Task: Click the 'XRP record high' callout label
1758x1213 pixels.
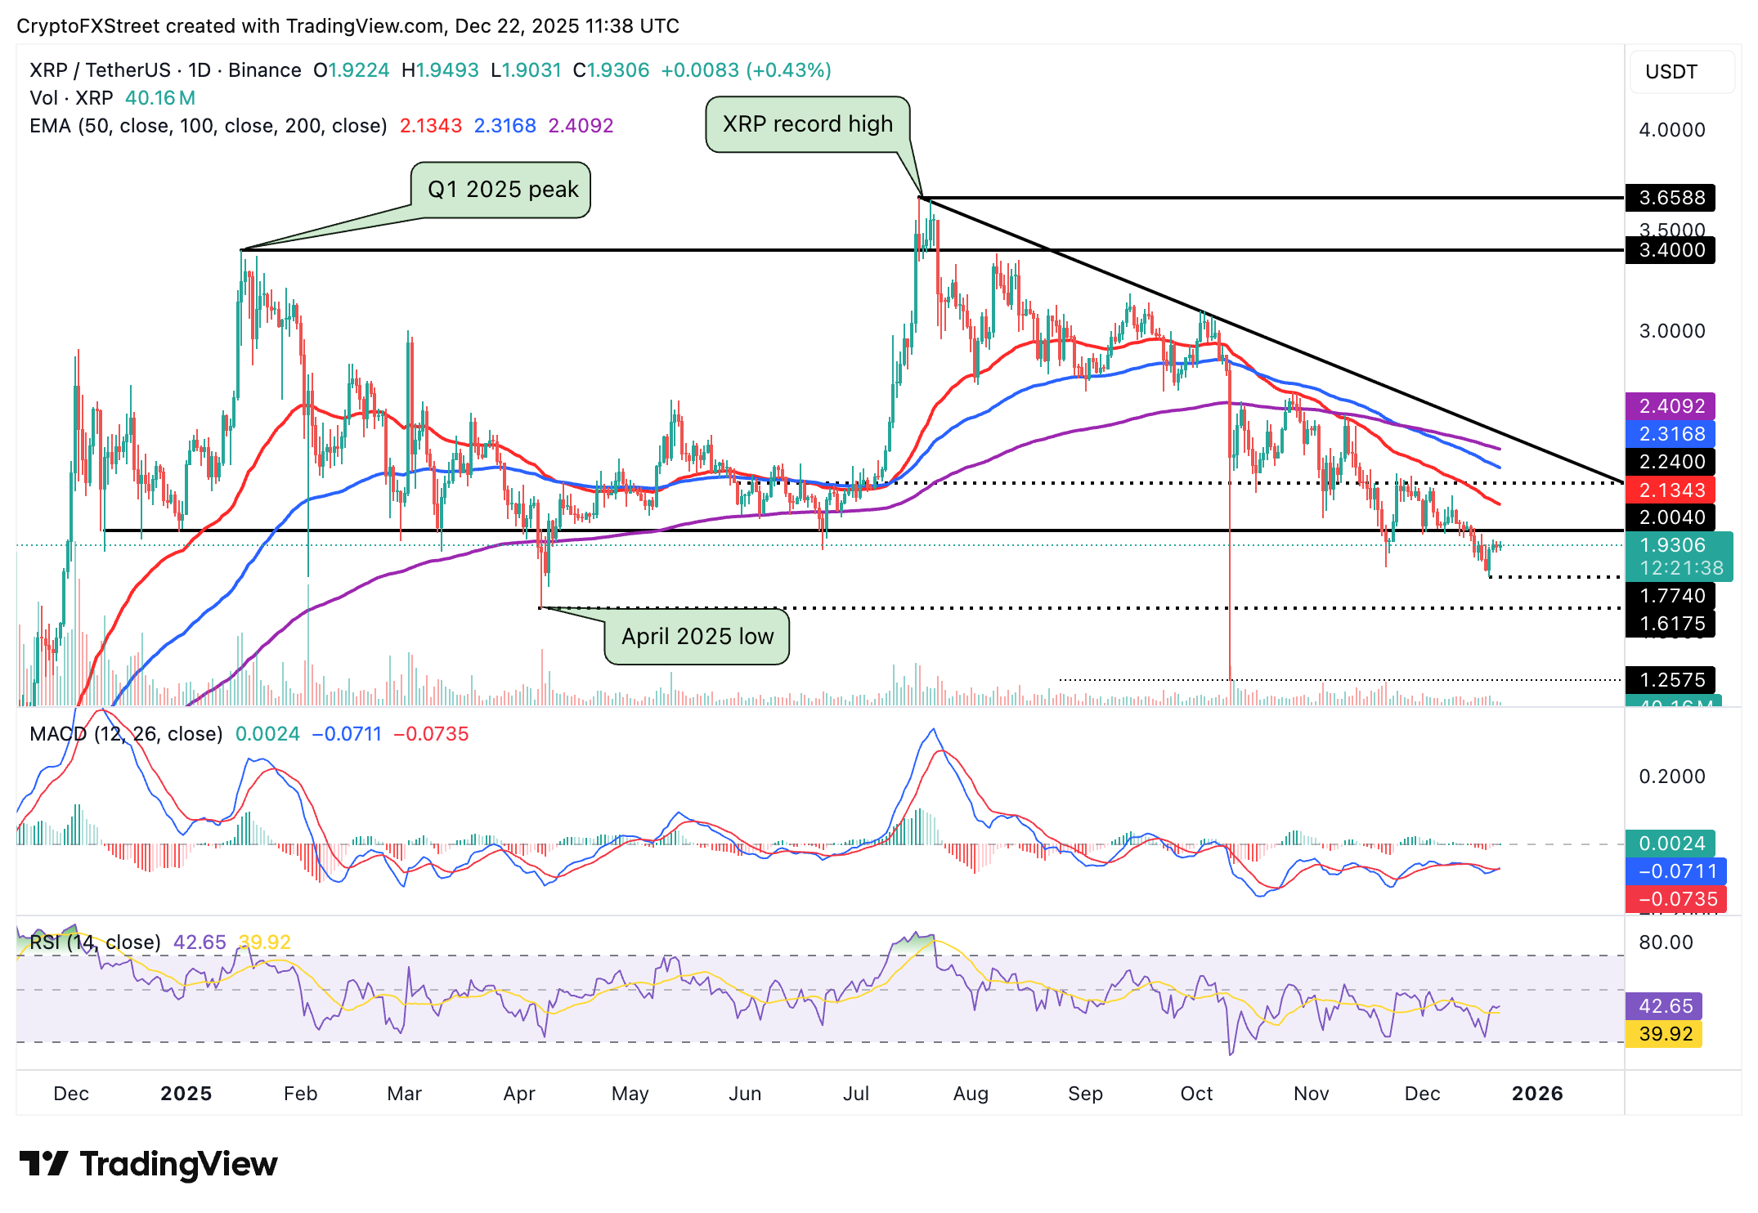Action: click(x=807, y=124)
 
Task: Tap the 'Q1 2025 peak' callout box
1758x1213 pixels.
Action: click(x=502, y=190)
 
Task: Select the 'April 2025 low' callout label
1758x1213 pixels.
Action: click(x=697, y=636)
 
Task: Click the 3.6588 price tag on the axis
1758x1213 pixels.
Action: click(x=1671, y=198)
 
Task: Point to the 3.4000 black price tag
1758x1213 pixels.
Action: click(x=1671, y=250)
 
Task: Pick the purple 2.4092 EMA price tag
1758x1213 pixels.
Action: click(x=1671, y=406)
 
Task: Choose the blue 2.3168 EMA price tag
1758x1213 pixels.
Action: click(x=1671, y=434)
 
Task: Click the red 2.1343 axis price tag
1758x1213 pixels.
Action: click(x=1671, y=490)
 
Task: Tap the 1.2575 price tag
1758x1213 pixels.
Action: click(x=1671, y=680)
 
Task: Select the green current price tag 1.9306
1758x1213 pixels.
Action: click(x=1676, y=546)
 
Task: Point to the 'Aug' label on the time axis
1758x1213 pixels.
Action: click(x=971, y=1094)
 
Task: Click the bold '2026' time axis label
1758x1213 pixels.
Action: click(x=1536, y=1094)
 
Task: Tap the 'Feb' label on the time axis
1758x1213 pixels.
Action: click(x=300, y=1094)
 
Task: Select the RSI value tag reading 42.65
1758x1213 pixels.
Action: click(x=1665, y=1006)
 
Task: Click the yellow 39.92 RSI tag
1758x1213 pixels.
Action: click(x=1665, y=1034)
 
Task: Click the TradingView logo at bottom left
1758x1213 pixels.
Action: click(x=148, y=1164)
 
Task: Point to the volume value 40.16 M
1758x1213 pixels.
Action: click(x=160, y=98)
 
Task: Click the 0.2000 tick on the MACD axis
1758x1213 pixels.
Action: click(x=1671, y=777)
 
